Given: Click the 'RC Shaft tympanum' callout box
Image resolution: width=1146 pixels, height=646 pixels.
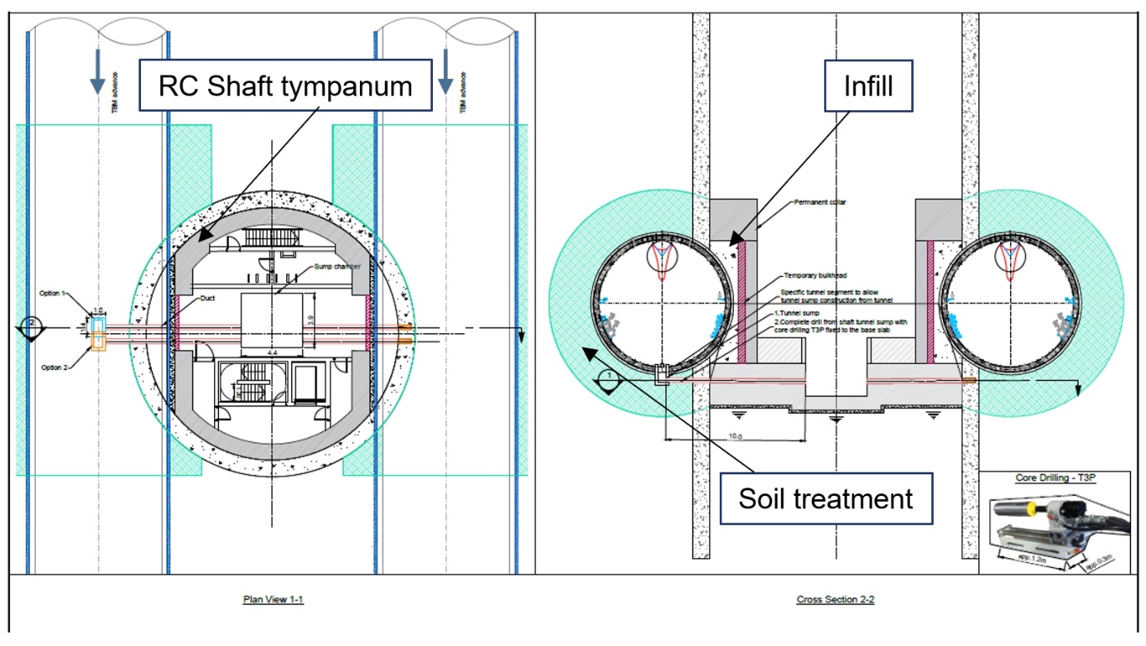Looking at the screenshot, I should click(x=285, y=85).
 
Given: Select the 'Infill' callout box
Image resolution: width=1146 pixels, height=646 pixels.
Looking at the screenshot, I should click(x=867, y=85).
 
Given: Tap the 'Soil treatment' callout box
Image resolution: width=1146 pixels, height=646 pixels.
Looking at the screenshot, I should click(x=826, y=499).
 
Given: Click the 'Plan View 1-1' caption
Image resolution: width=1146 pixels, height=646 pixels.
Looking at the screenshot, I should click(x=273, y=599).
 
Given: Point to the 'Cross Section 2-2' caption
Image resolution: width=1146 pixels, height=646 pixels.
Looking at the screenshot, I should click(x=835, y=599).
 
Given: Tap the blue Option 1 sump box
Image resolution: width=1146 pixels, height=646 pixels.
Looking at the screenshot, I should click(x=99, y=324).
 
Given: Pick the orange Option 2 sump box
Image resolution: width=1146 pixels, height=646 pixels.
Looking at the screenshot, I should click(x=99, y=342).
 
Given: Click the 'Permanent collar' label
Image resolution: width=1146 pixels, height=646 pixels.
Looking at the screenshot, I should click(x=820, y=202).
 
